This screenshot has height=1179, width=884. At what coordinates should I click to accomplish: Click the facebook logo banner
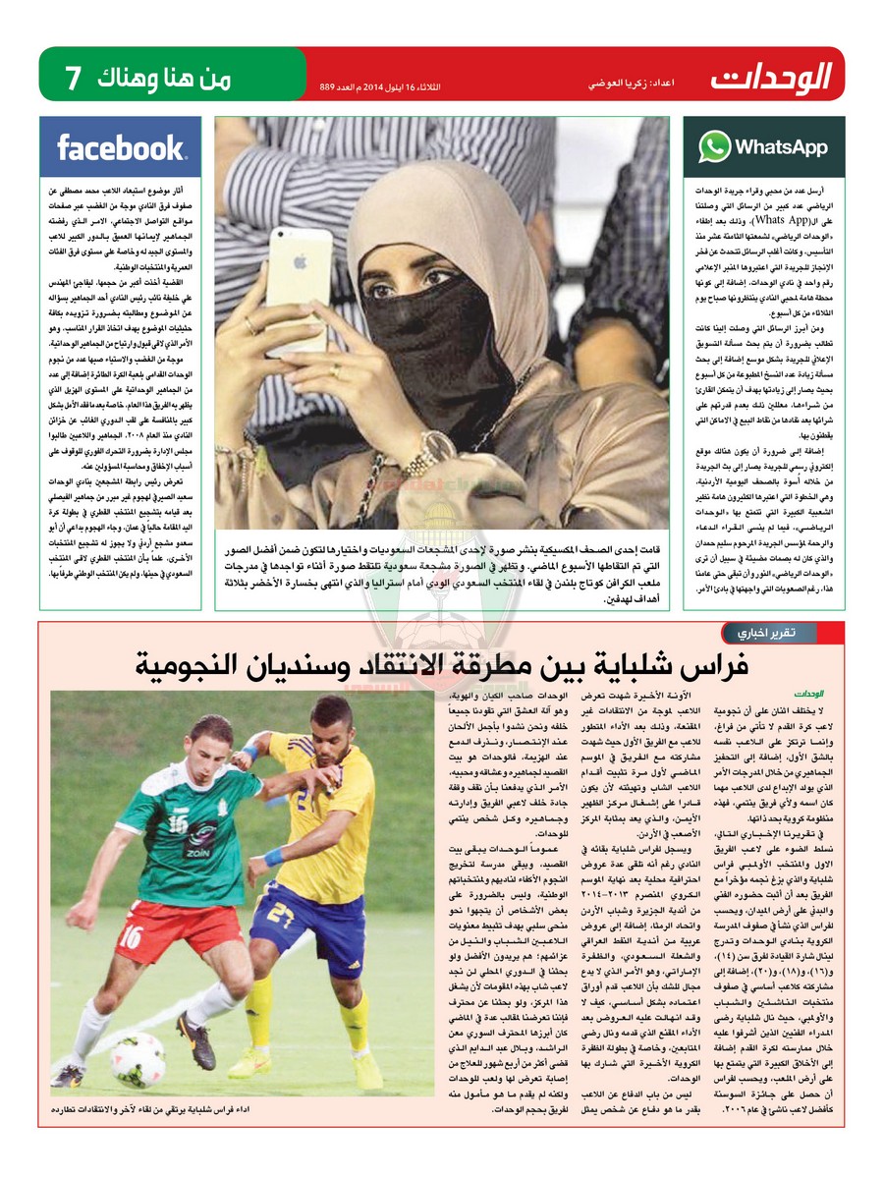(121, 147)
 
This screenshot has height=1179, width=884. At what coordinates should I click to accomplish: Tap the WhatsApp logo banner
(763, 147)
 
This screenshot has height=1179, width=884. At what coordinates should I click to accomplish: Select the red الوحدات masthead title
(773, 76)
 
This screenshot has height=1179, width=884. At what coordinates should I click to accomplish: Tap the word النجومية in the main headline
(207, 667)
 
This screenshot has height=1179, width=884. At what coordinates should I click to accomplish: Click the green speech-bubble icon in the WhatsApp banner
(714, 147)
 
